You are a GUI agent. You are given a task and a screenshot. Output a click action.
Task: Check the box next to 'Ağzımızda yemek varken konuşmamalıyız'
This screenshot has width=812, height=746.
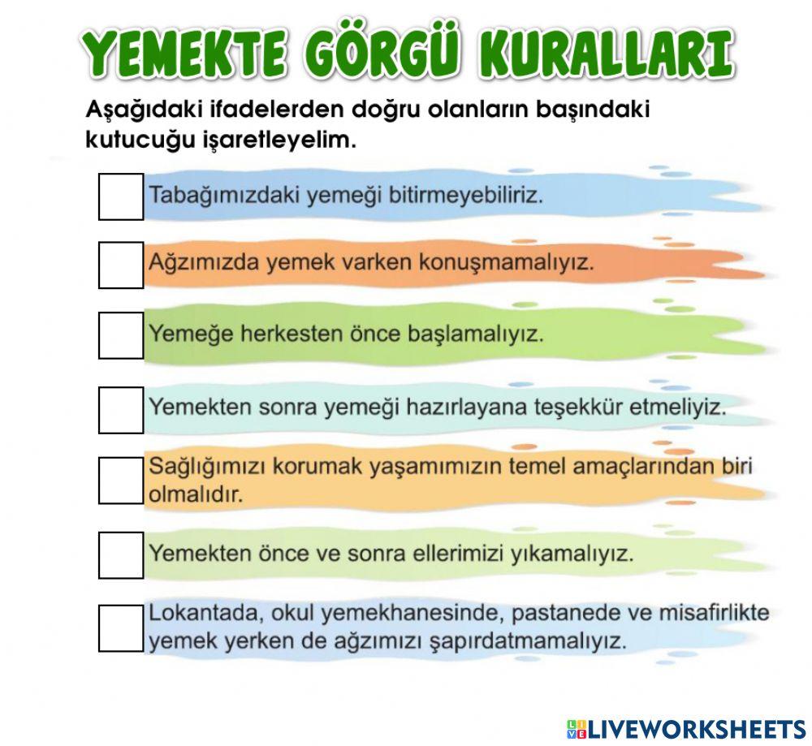pos(121,264)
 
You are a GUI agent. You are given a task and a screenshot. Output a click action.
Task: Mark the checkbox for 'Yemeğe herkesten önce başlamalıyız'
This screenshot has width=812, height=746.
pos(121,334)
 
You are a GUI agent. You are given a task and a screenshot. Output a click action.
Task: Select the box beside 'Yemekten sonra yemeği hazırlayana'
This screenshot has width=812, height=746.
pos(121,409)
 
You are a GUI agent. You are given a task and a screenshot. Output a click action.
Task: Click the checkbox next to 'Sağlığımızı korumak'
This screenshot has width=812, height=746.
pos(121,480)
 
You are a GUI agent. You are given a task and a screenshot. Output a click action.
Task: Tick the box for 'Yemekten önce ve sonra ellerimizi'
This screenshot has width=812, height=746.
pos(121,554)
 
